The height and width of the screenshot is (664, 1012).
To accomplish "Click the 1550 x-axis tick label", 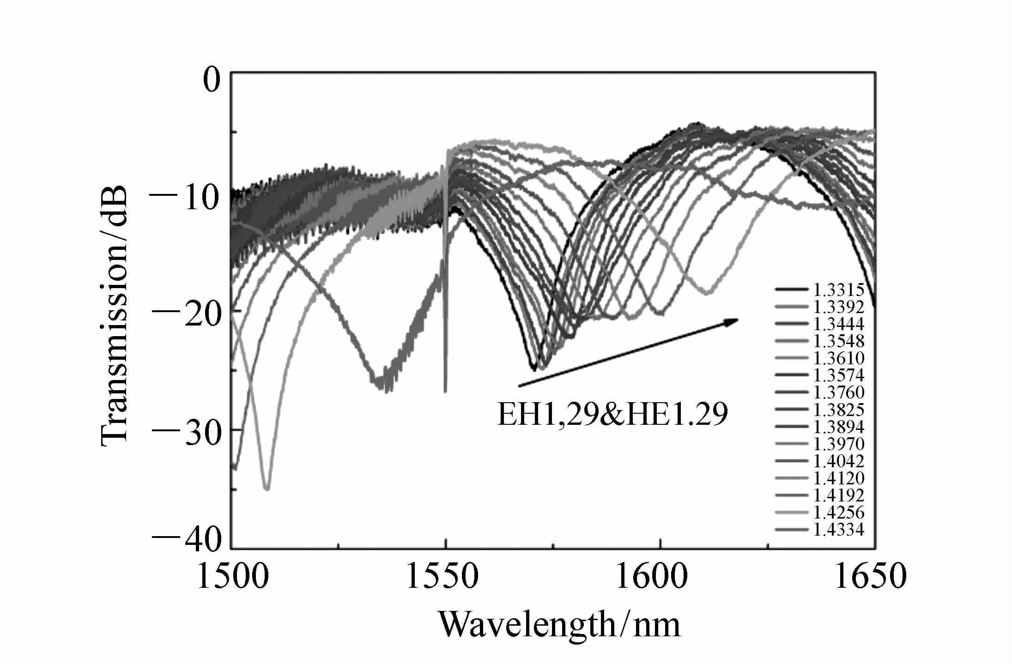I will point(442,577).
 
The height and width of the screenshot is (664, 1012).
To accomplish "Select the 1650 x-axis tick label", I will point(871,577).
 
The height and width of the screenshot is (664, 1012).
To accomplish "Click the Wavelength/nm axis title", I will point(559,624).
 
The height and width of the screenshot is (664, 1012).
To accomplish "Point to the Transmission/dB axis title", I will point(113,316).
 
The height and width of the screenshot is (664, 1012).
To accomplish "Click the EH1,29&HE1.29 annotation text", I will point(612,415).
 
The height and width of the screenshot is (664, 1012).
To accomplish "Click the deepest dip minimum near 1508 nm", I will point(267,489).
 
